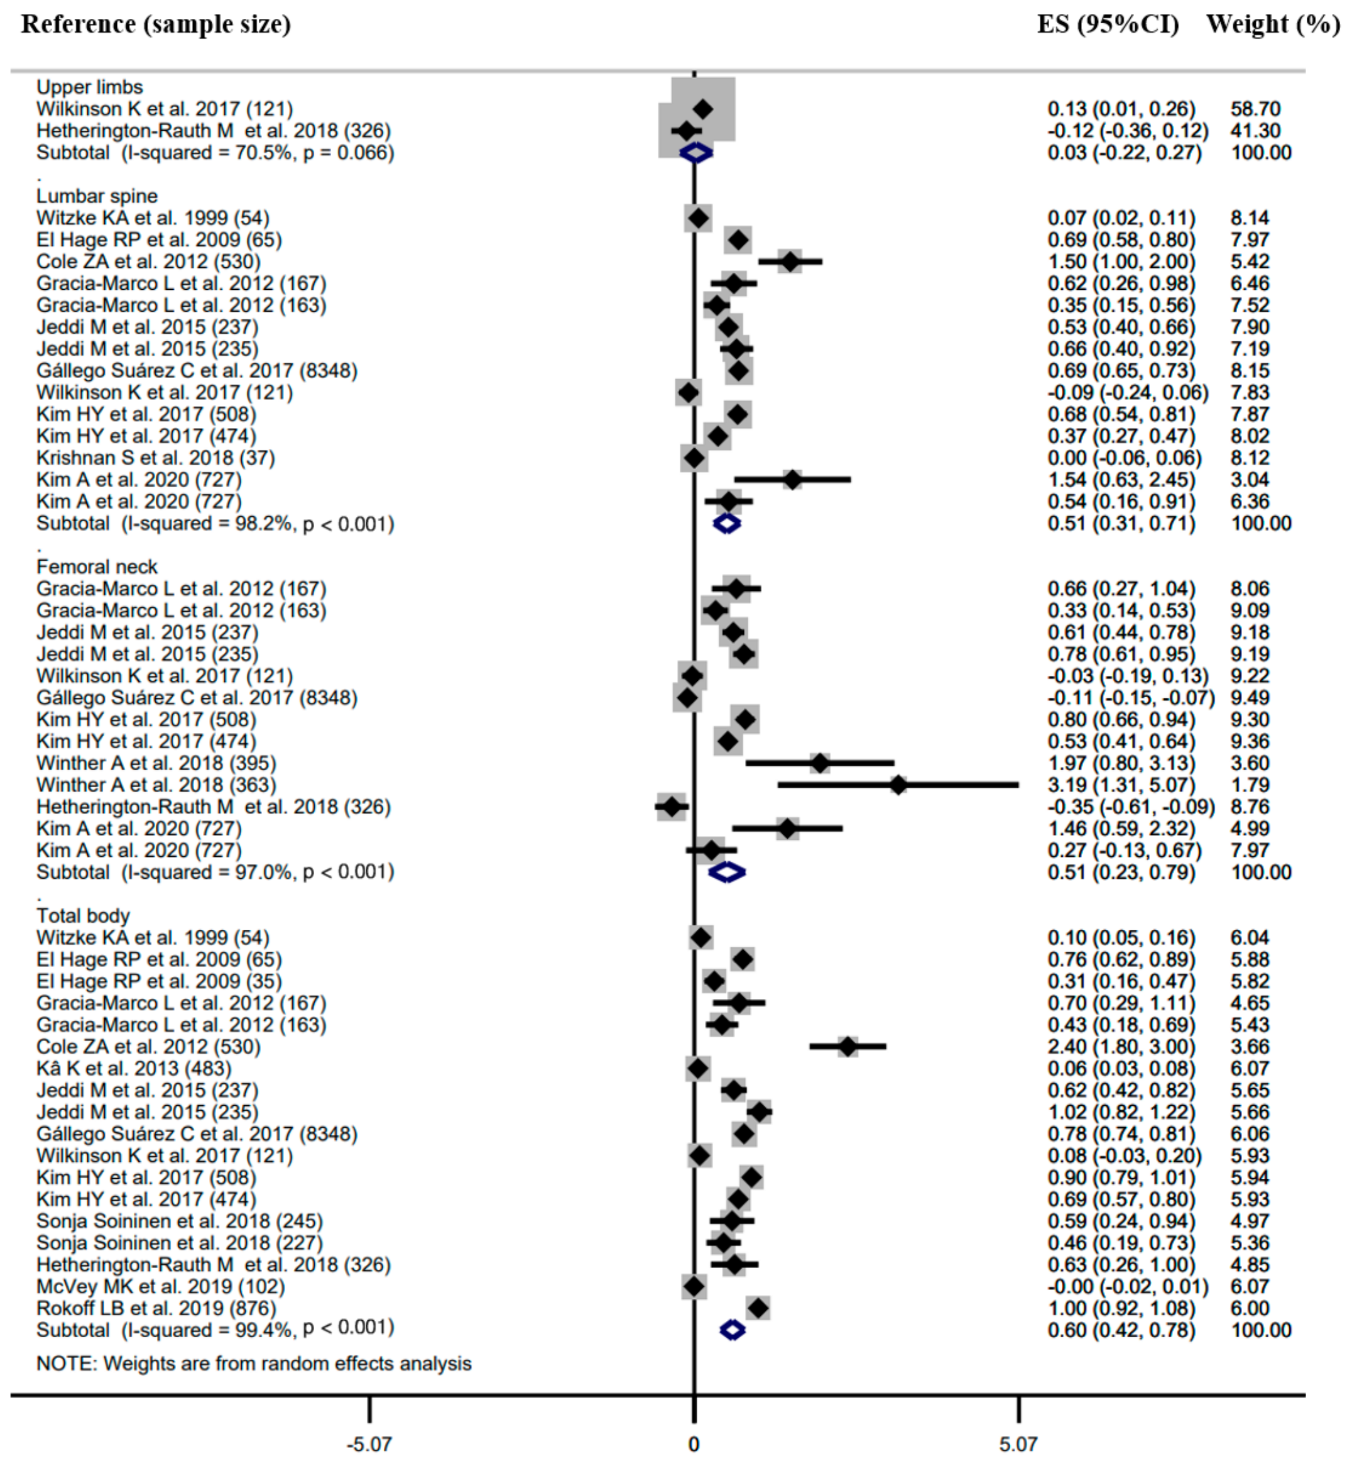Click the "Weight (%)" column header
coord(1272,24)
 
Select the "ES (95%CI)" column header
coord(1108,24)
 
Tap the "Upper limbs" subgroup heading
coord(89,87)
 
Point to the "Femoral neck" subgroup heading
coord(97,566)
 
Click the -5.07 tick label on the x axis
coord(369,1444)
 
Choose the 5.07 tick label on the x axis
coord(1018,1444)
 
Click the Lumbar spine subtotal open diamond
coord(726,523)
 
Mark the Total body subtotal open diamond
coord(733,1330)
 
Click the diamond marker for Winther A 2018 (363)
coord(898,785)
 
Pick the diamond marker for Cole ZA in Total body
coord(847,1047)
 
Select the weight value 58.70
coord(1255,109)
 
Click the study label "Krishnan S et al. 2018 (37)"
coord(156,458)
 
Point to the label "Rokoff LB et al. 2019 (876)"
coord(156,1308)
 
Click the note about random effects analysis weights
coord(254,1364)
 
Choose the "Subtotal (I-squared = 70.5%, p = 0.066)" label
coord(215,152)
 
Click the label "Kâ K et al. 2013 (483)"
coord(134,1069)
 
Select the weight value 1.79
coord(1250,785)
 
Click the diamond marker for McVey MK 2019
coord(694,1286)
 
